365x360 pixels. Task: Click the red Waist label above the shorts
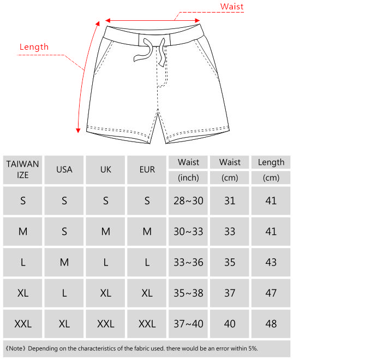(x=232, y=7)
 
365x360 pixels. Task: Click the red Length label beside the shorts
(x=34, y=47)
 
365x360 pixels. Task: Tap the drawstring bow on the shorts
(x=146, y=50)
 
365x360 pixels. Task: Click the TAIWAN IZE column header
(x=23, y=169)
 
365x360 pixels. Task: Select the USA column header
(x=64, y=169)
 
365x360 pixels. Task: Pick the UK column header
(x=106, y=169)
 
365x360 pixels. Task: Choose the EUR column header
(x=147, y=169)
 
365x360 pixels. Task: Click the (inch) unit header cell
(x=188, y=178)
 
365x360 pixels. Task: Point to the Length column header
(x=271, y=162)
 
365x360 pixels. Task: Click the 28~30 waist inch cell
(x=188, y=200)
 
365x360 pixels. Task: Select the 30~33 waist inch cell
(x=188, y=232)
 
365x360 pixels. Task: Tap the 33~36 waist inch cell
(x=188, y=262)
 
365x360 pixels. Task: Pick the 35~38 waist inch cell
(x=188, y=293)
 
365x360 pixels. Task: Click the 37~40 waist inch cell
(x=188, y=324)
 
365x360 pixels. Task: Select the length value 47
(x=271, y=293)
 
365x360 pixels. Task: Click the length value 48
(x=271, y=324)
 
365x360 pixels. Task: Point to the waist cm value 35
(x=230, y=262)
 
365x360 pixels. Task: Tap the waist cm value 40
(x=230, y=324)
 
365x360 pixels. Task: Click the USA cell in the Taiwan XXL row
(x=64, y=324)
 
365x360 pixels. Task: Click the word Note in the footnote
(x=17, y=348)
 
